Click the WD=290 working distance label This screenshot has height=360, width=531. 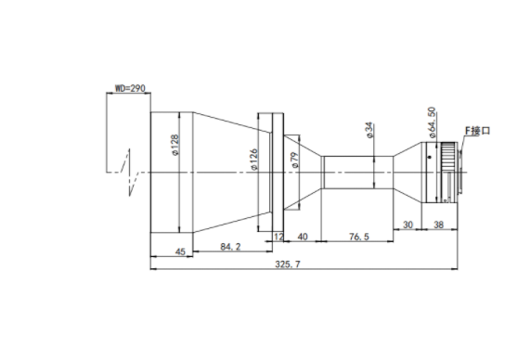point(130,88)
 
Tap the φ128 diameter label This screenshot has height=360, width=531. point(175,145)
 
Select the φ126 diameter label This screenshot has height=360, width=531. point(253,160)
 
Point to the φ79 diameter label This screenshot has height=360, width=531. point(295,160)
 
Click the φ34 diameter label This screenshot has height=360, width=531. point(369,130)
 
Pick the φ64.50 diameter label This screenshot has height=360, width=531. point(432,122)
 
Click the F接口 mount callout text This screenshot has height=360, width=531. point(477,131)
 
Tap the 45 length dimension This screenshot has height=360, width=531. point(180,251)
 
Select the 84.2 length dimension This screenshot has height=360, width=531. point(230,247)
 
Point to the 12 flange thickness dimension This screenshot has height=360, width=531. point(278,237)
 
